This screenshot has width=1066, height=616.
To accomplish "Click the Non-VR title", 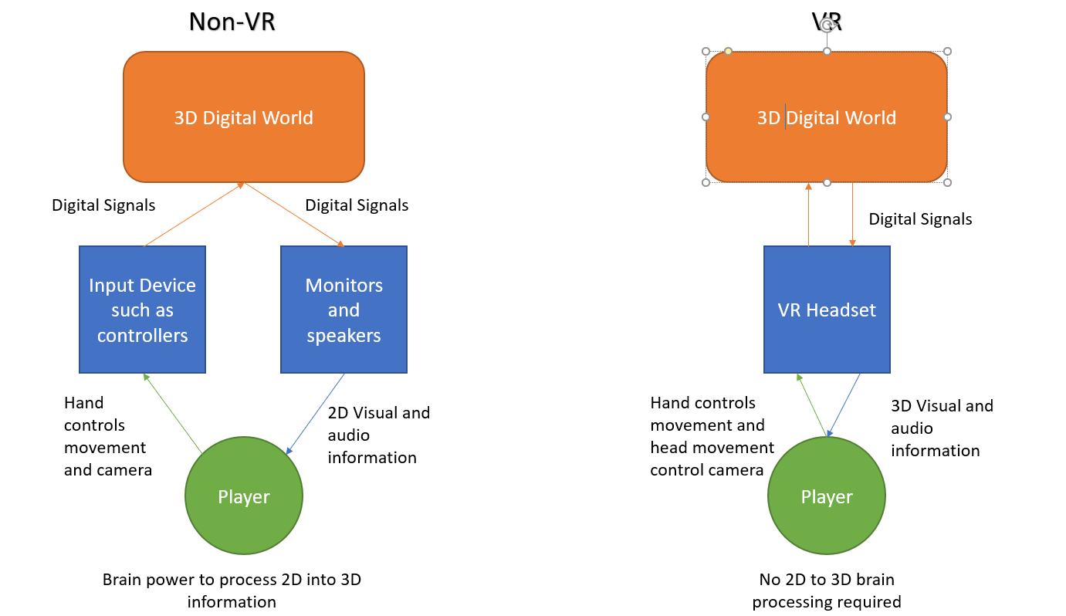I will tap(232, 22).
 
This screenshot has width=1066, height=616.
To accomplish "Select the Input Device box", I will tap(142, 310).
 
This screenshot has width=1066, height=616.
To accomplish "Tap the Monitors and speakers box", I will tap(343, 310).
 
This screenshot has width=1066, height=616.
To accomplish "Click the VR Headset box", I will tap(827, 310).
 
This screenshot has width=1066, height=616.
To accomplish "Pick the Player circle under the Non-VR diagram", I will tap(244, 496).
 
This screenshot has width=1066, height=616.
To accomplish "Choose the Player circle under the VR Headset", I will tap(827, 496).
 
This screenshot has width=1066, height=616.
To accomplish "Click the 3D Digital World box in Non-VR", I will tap(244, 117).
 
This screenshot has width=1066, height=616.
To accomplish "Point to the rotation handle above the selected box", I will tap(827, 25).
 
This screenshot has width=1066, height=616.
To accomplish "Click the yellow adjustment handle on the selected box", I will tap(728, 52).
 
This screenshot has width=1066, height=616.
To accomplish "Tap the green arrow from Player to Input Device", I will tap(173, 413).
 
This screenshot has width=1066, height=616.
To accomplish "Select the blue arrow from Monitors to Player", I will tap(316, 413).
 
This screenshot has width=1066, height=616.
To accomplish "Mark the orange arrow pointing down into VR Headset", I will tap(852, 215).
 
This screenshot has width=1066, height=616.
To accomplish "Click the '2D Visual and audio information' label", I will tap(378, 435).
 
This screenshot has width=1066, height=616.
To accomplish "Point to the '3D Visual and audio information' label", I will tap(942, 428).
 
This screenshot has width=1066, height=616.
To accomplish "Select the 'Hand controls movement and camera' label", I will tap(107, 435).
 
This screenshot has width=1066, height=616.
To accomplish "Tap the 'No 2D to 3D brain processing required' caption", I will tap(827, 591).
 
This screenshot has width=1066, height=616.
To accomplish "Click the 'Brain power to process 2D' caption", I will tap(232, 591).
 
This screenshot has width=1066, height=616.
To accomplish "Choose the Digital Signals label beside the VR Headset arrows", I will tap(920, 219).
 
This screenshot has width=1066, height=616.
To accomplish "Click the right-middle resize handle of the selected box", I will tap(948, 117).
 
